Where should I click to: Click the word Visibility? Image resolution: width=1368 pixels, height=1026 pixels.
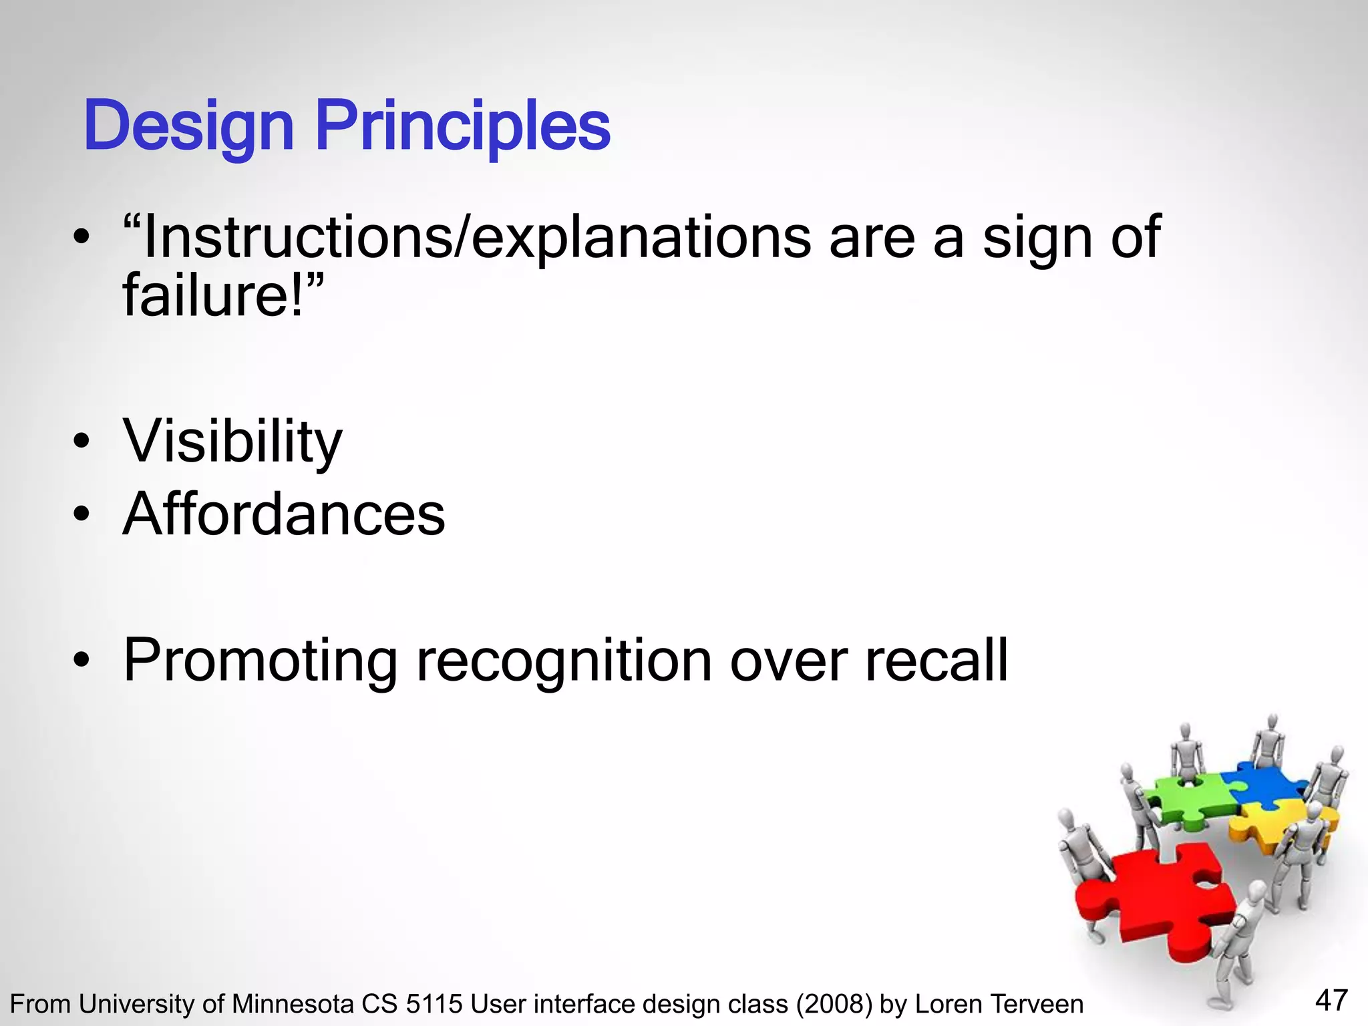(x=232, y=442)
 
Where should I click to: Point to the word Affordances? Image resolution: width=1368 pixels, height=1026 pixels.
(x=284, y=514)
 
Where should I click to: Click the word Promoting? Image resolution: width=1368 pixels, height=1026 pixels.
(x=261, y=661)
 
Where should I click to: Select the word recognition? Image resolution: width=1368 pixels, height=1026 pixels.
(x=564, y=661)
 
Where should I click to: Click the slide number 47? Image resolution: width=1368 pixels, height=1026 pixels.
(x=1331, y=1000)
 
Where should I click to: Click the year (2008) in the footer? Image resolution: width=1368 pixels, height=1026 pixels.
(x=833, y=1005)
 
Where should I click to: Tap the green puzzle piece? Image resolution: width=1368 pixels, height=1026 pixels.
(x=1186, y=802)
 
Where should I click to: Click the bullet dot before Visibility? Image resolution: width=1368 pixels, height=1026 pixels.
(x=81, y=442)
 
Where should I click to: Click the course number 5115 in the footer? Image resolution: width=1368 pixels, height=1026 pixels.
(x=434, y=1005)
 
